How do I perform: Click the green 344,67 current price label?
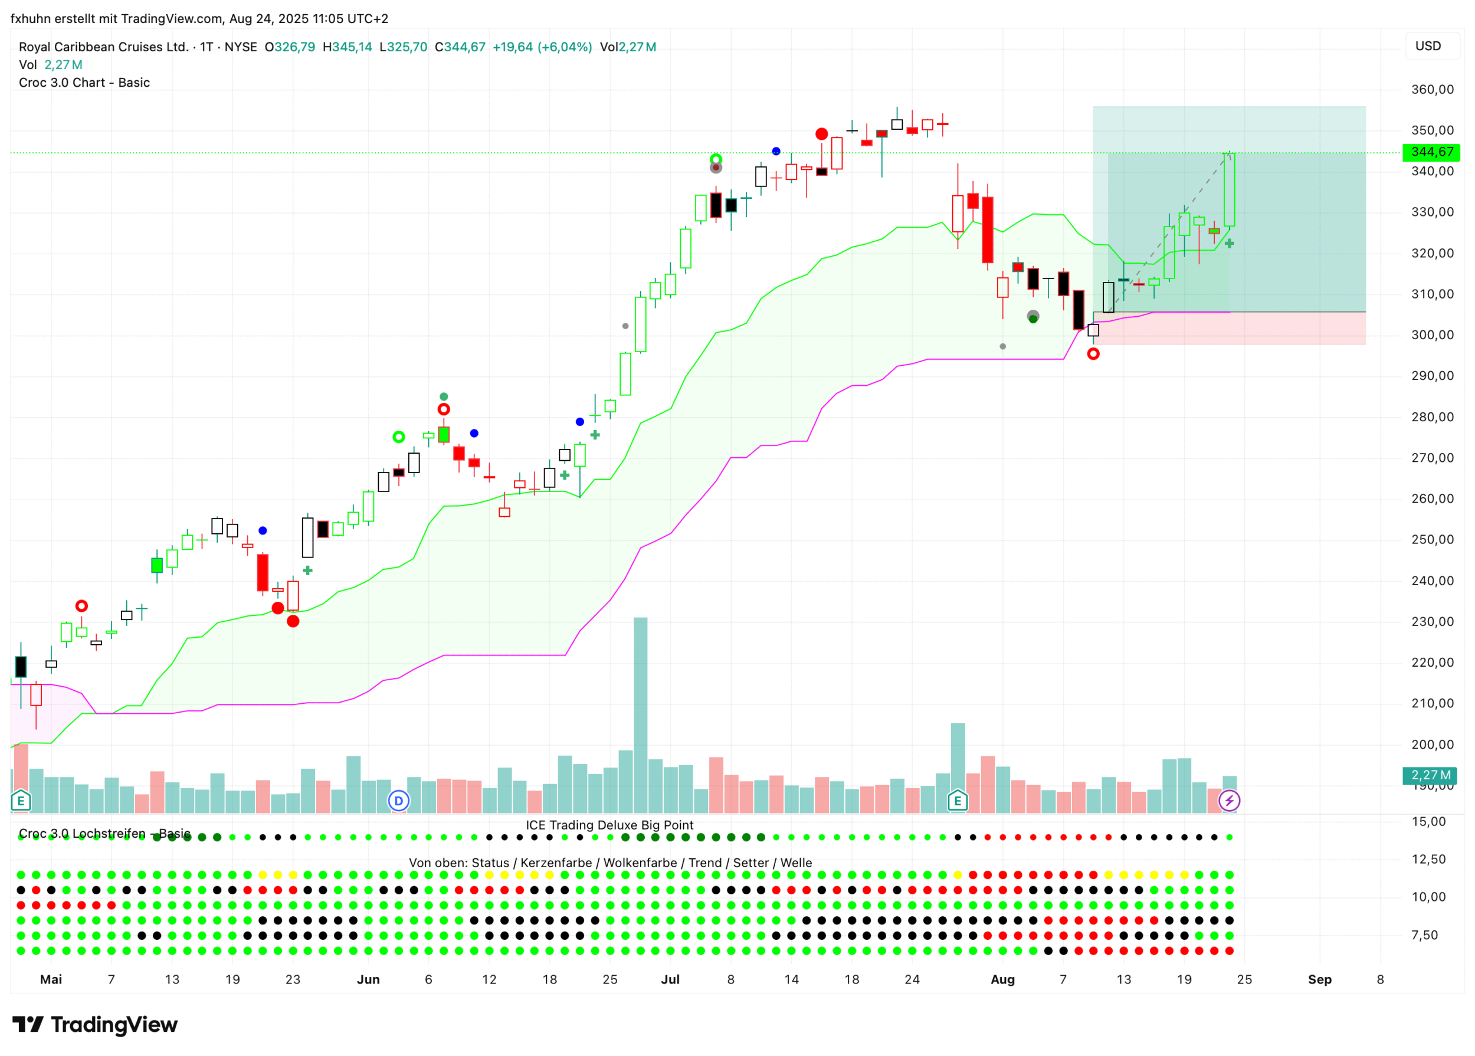coord(1431,152)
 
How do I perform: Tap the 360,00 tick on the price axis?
coord(1432,90)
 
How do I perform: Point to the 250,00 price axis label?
coord(1432,540)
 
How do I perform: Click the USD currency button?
coord(1428,46)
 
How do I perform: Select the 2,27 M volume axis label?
coord(1431,775)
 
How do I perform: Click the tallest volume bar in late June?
coord(641,715)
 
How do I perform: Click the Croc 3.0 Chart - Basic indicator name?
coord(84,83)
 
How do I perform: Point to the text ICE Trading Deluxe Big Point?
coord(609,825)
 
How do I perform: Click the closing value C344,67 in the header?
coord(460,47)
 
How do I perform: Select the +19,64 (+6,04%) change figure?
coord(542,47)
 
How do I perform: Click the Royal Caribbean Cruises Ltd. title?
coord(104,47)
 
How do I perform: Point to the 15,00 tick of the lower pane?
coord(1428,822)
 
